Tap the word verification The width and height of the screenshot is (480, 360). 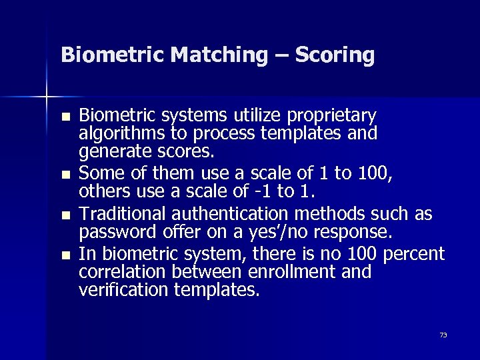[x=121, y=291]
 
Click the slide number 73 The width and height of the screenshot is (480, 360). [x=443, y=335]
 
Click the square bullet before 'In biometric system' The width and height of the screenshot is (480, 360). [x=65, y=255]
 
